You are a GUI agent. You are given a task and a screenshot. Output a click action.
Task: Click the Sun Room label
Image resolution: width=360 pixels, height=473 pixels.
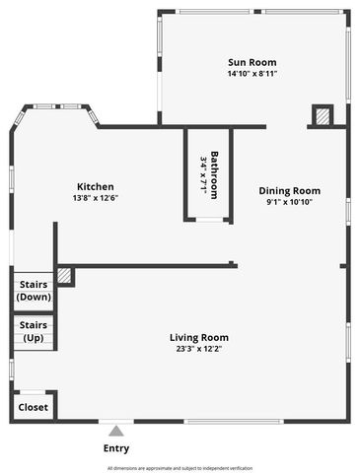(252, 62)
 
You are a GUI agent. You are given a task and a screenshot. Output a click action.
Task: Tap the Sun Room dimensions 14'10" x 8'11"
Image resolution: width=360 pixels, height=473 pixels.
(252, 73)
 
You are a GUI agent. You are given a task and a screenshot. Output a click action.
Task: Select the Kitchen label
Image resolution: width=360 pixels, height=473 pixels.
(96, 186)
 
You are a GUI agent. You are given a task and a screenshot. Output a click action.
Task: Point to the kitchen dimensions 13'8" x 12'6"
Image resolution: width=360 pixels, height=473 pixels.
(96, 197)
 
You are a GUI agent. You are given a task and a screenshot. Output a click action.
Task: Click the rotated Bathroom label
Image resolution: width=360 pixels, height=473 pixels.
(213, 174)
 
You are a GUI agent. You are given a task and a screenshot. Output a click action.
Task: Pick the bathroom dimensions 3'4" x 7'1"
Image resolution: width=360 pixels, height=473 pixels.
(203, 174)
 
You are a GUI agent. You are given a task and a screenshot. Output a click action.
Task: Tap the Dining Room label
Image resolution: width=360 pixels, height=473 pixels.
(289, 191)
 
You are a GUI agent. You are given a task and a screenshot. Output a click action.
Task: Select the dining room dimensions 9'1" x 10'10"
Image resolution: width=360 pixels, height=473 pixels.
(289, 202)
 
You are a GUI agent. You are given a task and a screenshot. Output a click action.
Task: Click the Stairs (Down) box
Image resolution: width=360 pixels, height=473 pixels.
(34, 291)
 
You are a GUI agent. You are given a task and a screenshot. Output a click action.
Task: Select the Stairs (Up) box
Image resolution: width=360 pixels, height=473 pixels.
(34, 331)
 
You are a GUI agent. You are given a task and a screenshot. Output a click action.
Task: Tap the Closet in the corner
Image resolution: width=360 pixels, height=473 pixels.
(34, 406)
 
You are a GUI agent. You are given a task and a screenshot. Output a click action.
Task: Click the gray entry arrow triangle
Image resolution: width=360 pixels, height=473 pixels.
(116, 430)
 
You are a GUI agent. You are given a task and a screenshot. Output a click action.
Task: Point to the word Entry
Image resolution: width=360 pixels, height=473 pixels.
(116, 448)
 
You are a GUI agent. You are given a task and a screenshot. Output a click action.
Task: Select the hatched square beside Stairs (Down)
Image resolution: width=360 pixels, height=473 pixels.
(64, 276)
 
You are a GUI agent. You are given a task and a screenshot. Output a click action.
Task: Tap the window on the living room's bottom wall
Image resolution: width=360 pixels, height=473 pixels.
(232, 422)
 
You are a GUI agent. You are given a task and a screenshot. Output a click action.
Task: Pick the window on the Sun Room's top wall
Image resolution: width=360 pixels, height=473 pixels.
(251, 11)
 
